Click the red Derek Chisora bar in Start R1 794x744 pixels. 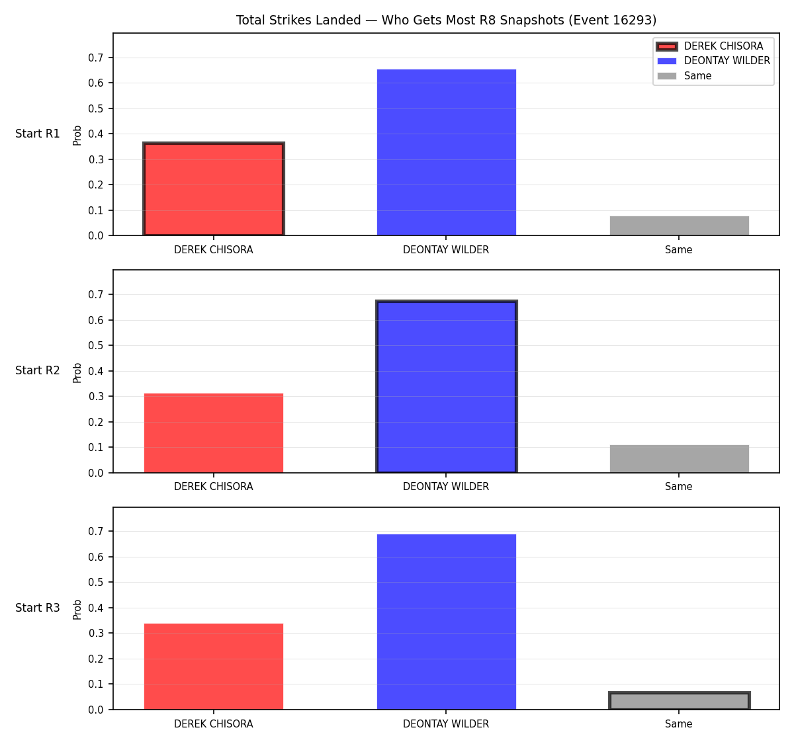click(x=214, y=188)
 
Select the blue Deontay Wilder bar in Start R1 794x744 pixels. click(x=446, y=152)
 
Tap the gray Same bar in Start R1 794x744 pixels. click(x=679, y=226)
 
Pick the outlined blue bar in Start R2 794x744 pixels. click(x=446, y=386)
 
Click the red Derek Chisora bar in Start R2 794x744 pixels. click(x=214, y=433)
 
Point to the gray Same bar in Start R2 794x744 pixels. click(x=679, y=458)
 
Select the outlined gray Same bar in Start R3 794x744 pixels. click(x=679, y=700)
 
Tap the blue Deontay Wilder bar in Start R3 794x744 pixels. click(x=446, y=622)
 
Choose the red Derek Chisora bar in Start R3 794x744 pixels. click(x=214, y=667)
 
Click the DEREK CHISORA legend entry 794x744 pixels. click(x=709, y=46)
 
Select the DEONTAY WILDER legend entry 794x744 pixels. click(x=713, y=61)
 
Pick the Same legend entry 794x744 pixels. click(x=684, y=75)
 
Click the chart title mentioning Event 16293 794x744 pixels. click(x=446, y=20)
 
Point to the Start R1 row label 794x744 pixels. click(x=37, y=134)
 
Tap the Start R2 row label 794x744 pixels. click(x=37, y=370)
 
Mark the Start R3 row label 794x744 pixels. click(x=37, y=607)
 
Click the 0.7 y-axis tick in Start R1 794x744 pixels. click(x=95, y=58)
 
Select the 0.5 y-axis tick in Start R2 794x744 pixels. click(x=95, y=345)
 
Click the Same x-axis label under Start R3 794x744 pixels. click(x=678, y=723)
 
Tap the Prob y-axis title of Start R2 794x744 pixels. click(x=77, y=372)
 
